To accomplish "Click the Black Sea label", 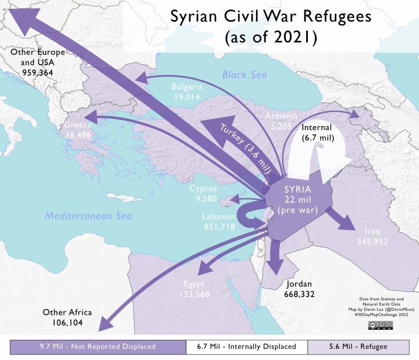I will click(x=244, y=75).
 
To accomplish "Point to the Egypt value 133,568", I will click(x=194, y=294).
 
